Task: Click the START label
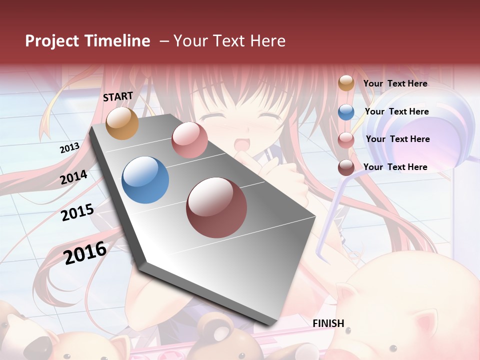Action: coord(118,96)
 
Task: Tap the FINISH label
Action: coord(328,323)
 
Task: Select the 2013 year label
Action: coord(69,148)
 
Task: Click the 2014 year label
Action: coord(73,177)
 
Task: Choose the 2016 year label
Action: coord(85,253)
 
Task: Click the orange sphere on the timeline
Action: coord(122,123)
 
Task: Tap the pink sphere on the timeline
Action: coord(189,140)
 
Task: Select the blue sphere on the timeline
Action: coord(145,180)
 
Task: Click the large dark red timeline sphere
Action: coord(216,207)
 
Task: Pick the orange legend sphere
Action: coord(346,83)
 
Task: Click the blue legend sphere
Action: coord(346,112)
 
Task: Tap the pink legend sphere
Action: coord(346,140)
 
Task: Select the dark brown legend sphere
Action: coord(346,167)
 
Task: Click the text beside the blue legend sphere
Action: coord(396,111)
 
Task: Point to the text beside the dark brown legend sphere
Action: coord(395,167)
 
